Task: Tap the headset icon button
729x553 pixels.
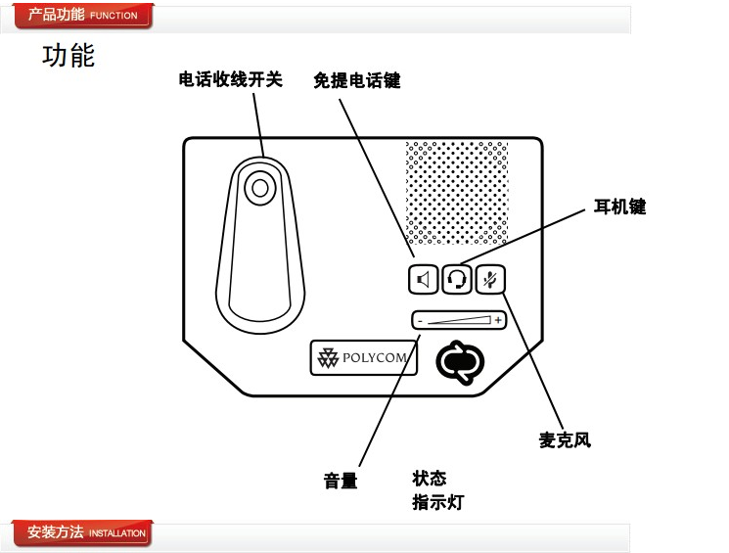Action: click(x=457, y=280)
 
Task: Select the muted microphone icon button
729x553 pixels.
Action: click(x=491, y=280)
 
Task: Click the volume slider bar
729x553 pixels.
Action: click(x=458, y=320)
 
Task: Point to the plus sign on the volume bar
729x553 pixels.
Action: click(x=498, y=320)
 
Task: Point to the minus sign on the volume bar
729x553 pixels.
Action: click(x=418, y=320)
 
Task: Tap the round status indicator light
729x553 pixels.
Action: click(x=460, y=361)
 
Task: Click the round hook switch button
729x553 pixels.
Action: click(x=259, y=186)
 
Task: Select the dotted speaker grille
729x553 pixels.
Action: click(x=457, y=193)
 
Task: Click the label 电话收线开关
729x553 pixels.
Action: click(x=230, y=80)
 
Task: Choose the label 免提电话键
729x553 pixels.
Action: click(x=356, y=80)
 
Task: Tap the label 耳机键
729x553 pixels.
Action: click(x=620, y=207)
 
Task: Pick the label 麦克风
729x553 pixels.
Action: click(x=565, y=440)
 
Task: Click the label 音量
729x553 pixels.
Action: click(x=341, y=481)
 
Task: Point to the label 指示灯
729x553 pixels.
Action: click(x=437, y=503)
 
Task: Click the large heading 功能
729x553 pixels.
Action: click(x=68, y=56)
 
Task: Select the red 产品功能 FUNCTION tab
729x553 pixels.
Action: click(x=82, y=16)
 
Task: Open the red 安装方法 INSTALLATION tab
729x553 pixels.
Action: click(x=82, y=533)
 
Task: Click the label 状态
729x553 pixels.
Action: click(x=430, y=479)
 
